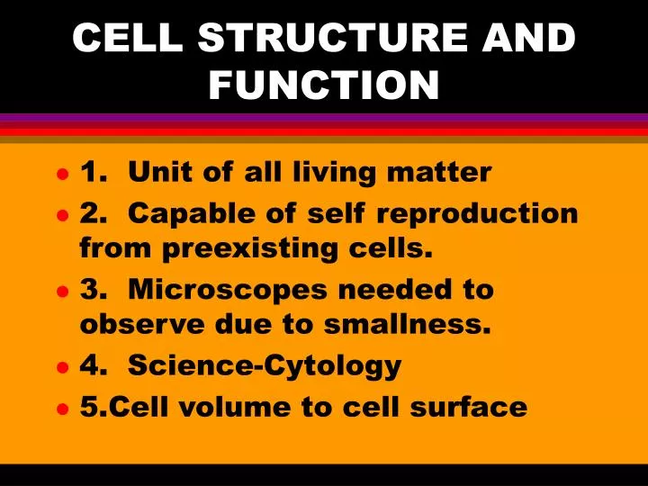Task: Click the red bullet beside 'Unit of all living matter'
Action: click(61, 174)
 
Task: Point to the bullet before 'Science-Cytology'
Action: click(61, 368)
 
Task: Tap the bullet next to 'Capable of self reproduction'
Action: click(61, 216)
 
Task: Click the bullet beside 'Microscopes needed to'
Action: click(61, 292)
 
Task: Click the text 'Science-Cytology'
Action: click(265, 366)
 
